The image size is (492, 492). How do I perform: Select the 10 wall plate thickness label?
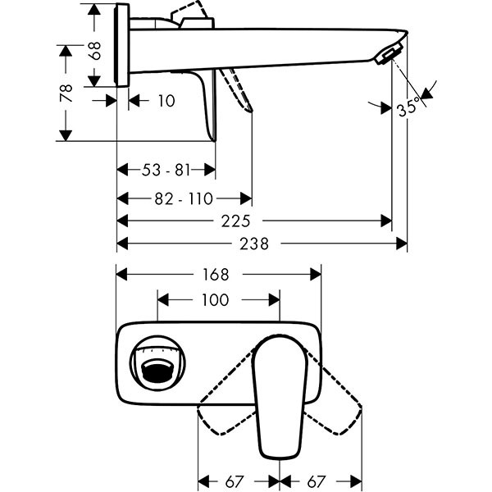166,100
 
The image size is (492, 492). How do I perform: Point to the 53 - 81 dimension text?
166,171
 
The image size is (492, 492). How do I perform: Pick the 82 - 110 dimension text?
182,198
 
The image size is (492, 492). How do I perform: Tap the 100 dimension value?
215,300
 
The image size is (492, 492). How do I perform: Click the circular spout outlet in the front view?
160,362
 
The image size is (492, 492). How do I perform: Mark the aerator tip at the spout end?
385,55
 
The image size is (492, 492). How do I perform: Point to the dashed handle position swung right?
340,402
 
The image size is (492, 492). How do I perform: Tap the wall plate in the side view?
124,45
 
